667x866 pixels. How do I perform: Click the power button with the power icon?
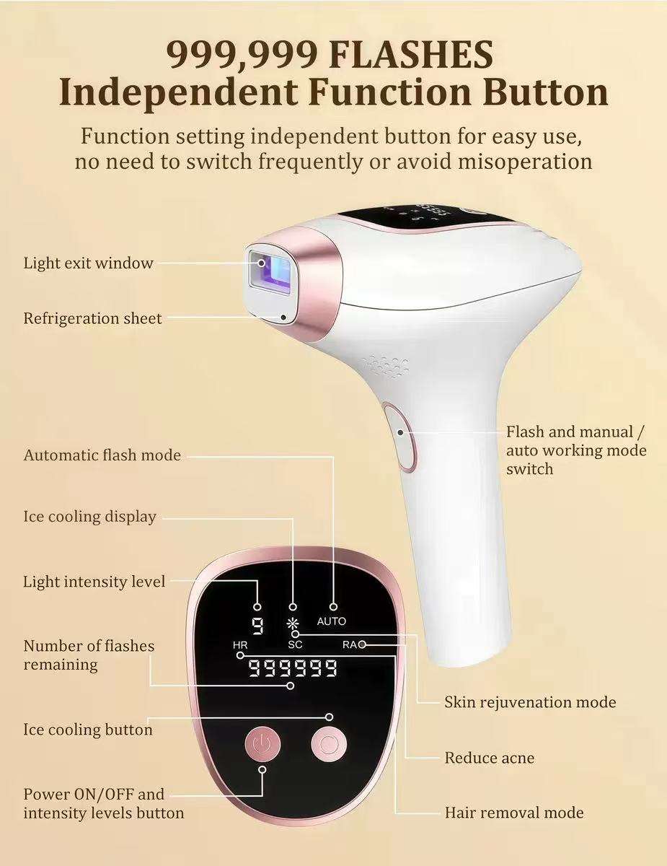coord(265,743)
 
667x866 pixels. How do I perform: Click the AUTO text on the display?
coord(331,621)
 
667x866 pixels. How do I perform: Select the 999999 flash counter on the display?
coord(292,668)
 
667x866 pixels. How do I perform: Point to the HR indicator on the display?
coord(240,644)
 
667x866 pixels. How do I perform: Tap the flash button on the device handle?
coord(401,437)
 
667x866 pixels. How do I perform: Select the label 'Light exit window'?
coord(89,263)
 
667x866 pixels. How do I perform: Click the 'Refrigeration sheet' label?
coord(92,318)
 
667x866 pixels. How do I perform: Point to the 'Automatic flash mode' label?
coord(102,455)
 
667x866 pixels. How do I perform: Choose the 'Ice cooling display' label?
coord(89,517)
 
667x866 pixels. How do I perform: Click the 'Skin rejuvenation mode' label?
coord(530,701)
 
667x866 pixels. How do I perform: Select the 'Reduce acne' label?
coord(489,758)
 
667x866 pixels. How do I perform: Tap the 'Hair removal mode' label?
coord(513,813)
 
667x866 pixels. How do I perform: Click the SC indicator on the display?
coord(296,644)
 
